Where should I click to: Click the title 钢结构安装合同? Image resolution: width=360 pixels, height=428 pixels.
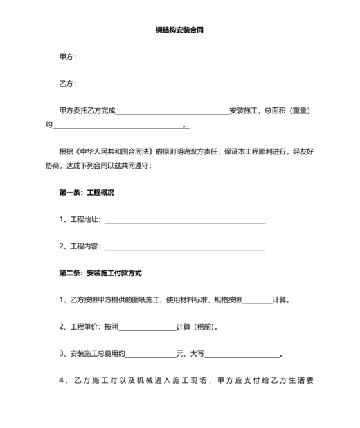point(179,30)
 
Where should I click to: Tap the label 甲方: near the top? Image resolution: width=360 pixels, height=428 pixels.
point(67,57)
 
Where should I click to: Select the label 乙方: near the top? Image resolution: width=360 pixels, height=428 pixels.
point(67,84)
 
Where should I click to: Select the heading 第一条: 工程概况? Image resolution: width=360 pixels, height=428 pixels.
point(86,192)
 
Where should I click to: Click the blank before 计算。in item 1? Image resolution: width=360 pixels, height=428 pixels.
point(257,300)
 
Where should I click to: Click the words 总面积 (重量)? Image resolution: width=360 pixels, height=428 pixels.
point(287,111)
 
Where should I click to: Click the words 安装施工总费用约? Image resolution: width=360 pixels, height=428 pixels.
point(96,354)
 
